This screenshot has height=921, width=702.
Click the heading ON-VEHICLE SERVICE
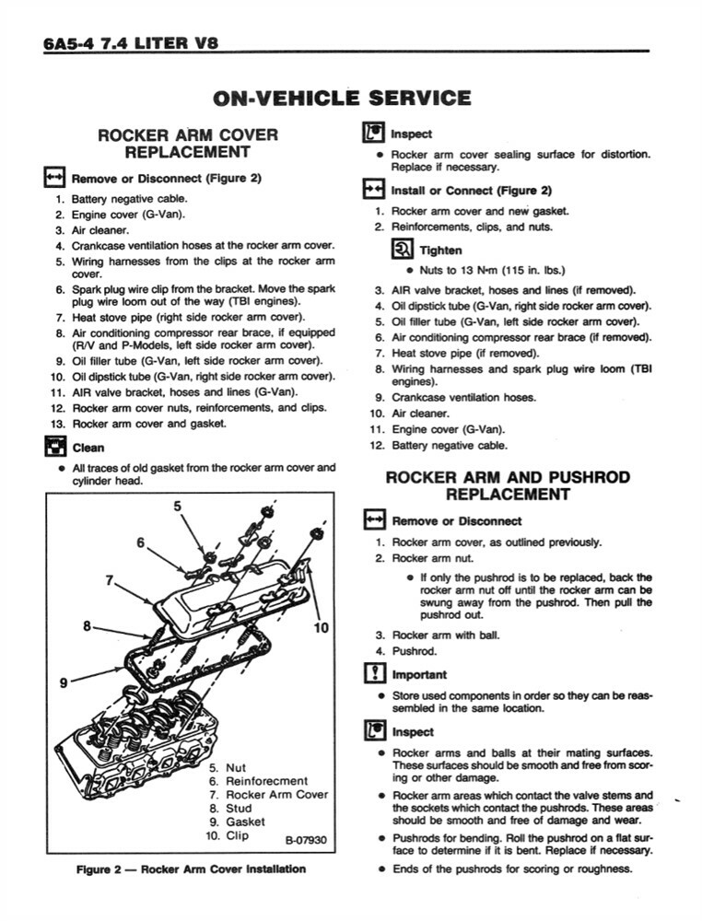coord(342,98)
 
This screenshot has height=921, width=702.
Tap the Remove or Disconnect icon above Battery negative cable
coord(53,178)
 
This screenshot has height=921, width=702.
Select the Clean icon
coord(53,449)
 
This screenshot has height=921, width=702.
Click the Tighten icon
coord(402,250)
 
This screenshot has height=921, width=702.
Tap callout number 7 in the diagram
coord(110,581)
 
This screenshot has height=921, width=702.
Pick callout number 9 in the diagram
coord(64,682)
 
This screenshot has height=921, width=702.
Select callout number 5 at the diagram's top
coord(177,505)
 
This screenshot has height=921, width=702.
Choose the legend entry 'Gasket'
coord(245,822)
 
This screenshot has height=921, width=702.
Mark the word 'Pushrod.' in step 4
coord(415,651)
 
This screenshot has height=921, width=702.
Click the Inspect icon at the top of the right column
coord(373,134)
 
